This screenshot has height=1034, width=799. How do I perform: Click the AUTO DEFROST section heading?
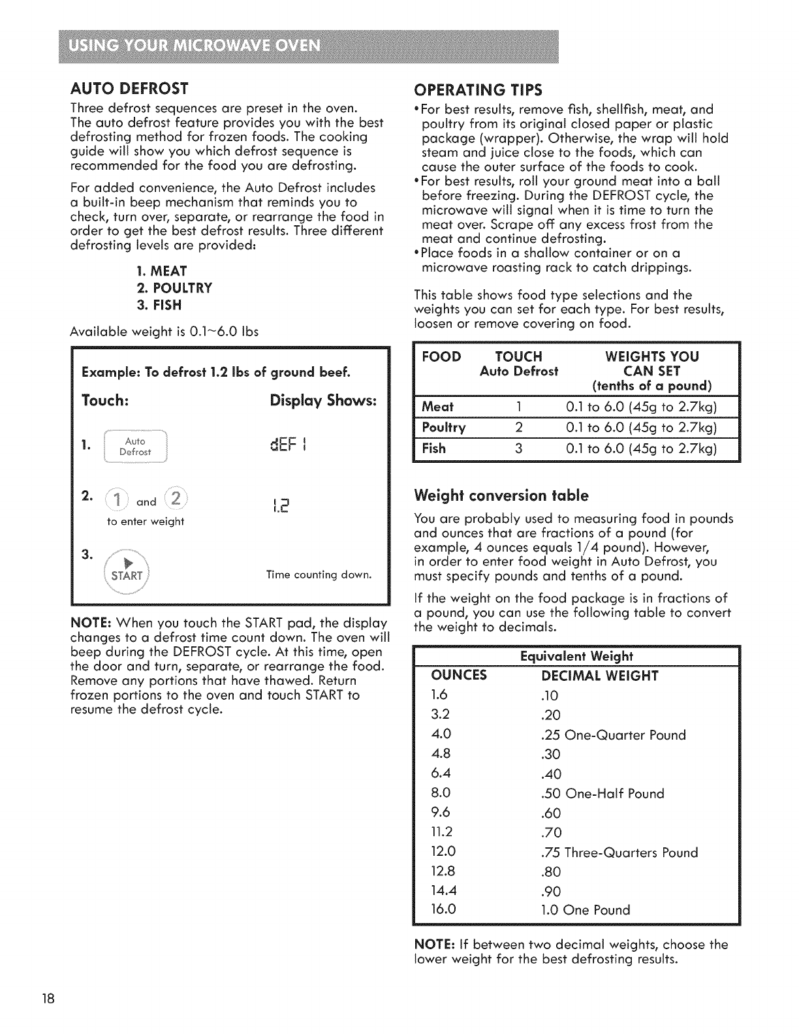[x=129, y=88]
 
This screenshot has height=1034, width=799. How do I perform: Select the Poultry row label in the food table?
[x=444, y=428]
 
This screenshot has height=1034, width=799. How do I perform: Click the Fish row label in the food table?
[x=434, y=448]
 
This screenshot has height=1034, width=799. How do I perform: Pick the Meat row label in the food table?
[x=437, y=407]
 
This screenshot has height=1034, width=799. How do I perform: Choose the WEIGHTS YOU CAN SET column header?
[x=651, y=370]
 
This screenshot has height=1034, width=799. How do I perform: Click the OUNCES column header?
[x=460, y=675]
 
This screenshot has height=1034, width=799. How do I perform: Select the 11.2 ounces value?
[x=442, y=832]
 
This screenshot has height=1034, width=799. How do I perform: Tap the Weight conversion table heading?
[x=501, y=495]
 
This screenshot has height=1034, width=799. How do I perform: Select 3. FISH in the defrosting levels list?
[x=159, y=305]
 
